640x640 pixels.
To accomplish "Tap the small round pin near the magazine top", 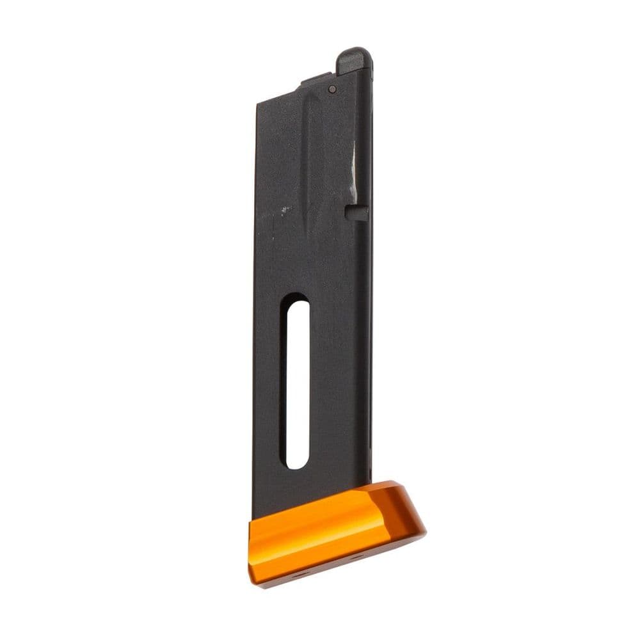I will click(332, 90).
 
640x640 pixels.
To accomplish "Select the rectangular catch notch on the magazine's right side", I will click(356, 212).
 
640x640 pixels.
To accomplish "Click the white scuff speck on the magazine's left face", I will click(282, 209).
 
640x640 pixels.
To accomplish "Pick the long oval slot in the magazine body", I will click(295, 381).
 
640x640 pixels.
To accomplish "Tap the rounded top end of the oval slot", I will click(296, 302).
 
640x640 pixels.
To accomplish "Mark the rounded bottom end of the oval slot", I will click(295, 462).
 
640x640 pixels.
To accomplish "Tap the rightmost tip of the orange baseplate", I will click(425, 529).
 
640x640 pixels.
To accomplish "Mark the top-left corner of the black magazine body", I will click(257, 103).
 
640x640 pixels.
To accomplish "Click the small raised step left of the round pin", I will click(312, 81).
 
